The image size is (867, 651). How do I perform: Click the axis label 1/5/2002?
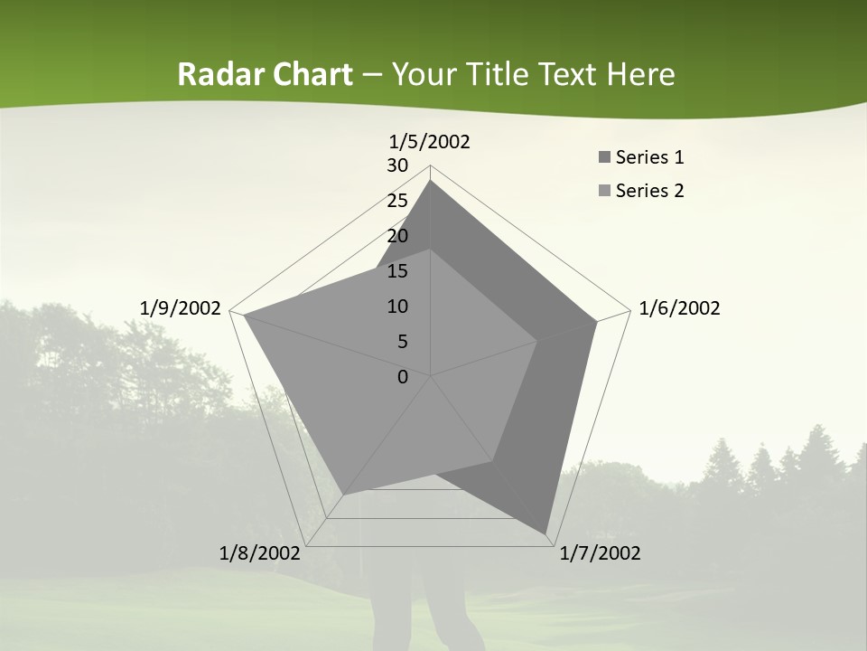click(430, 142)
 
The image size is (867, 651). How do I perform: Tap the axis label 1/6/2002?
click(679, 308)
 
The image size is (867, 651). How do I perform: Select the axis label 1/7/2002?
click(600, 553)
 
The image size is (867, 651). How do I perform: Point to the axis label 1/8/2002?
click(260, 553)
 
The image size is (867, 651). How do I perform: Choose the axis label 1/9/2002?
click(180, 308)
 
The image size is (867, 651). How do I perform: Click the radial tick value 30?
click(397, 165)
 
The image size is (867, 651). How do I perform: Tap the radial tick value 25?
click(397, 201)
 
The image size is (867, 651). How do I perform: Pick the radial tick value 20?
click(397, 236)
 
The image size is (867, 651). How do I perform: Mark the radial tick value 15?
click(397, 271)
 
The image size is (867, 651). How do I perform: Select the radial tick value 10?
click(397, 307)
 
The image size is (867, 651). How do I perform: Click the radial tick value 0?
click(403, 377)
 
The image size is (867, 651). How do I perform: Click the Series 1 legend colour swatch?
click(604, 158)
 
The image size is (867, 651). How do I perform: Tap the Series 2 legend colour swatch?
click(604, 191)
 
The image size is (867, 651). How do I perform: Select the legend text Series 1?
click(649, 158)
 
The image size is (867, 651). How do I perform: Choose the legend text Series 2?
click(649, 191)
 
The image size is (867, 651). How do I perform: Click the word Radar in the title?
click(216, 75)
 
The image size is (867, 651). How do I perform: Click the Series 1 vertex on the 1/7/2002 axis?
click(546, 533)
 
